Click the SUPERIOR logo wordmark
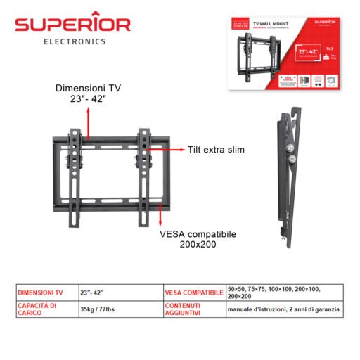point(73,25)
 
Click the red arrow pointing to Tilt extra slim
point(168,150)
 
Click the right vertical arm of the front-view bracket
point(144,176)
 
